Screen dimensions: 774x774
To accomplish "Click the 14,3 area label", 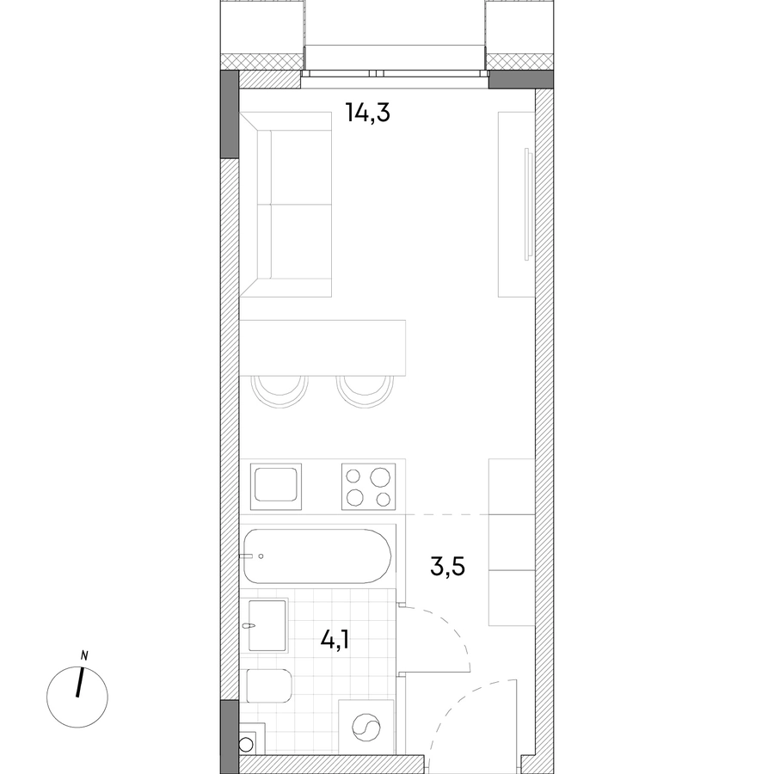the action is [368, 113].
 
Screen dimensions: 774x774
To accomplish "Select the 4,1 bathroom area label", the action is [335, 641].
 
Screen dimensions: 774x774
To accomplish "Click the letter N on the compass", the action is [84, 656].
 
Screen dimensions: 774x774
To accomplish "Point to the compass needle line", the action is [80, 682].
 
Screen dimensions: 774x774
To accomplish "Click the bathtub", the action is [317, 556].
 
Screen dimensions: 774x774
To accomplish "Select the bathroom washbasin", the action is [267, 626].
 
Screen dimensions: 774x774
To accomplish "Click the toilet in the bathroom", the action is [269, 685].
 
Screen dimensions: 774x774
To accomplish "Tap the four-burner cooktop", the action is [369, 487].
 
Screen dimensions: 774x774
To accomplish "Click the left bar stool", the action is [279, 391].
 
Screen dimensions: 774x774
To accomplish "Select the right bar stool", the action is [365, 391].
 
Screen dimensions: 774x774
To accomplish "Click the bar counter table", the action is [322, 348].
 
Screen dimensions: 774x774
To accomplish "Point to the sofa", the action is [286, 205].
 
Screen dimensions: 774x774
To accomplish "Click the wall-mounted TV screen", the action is [529, 203].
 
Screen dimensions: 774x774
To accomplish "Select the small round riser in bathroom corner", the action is [246, 744].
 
